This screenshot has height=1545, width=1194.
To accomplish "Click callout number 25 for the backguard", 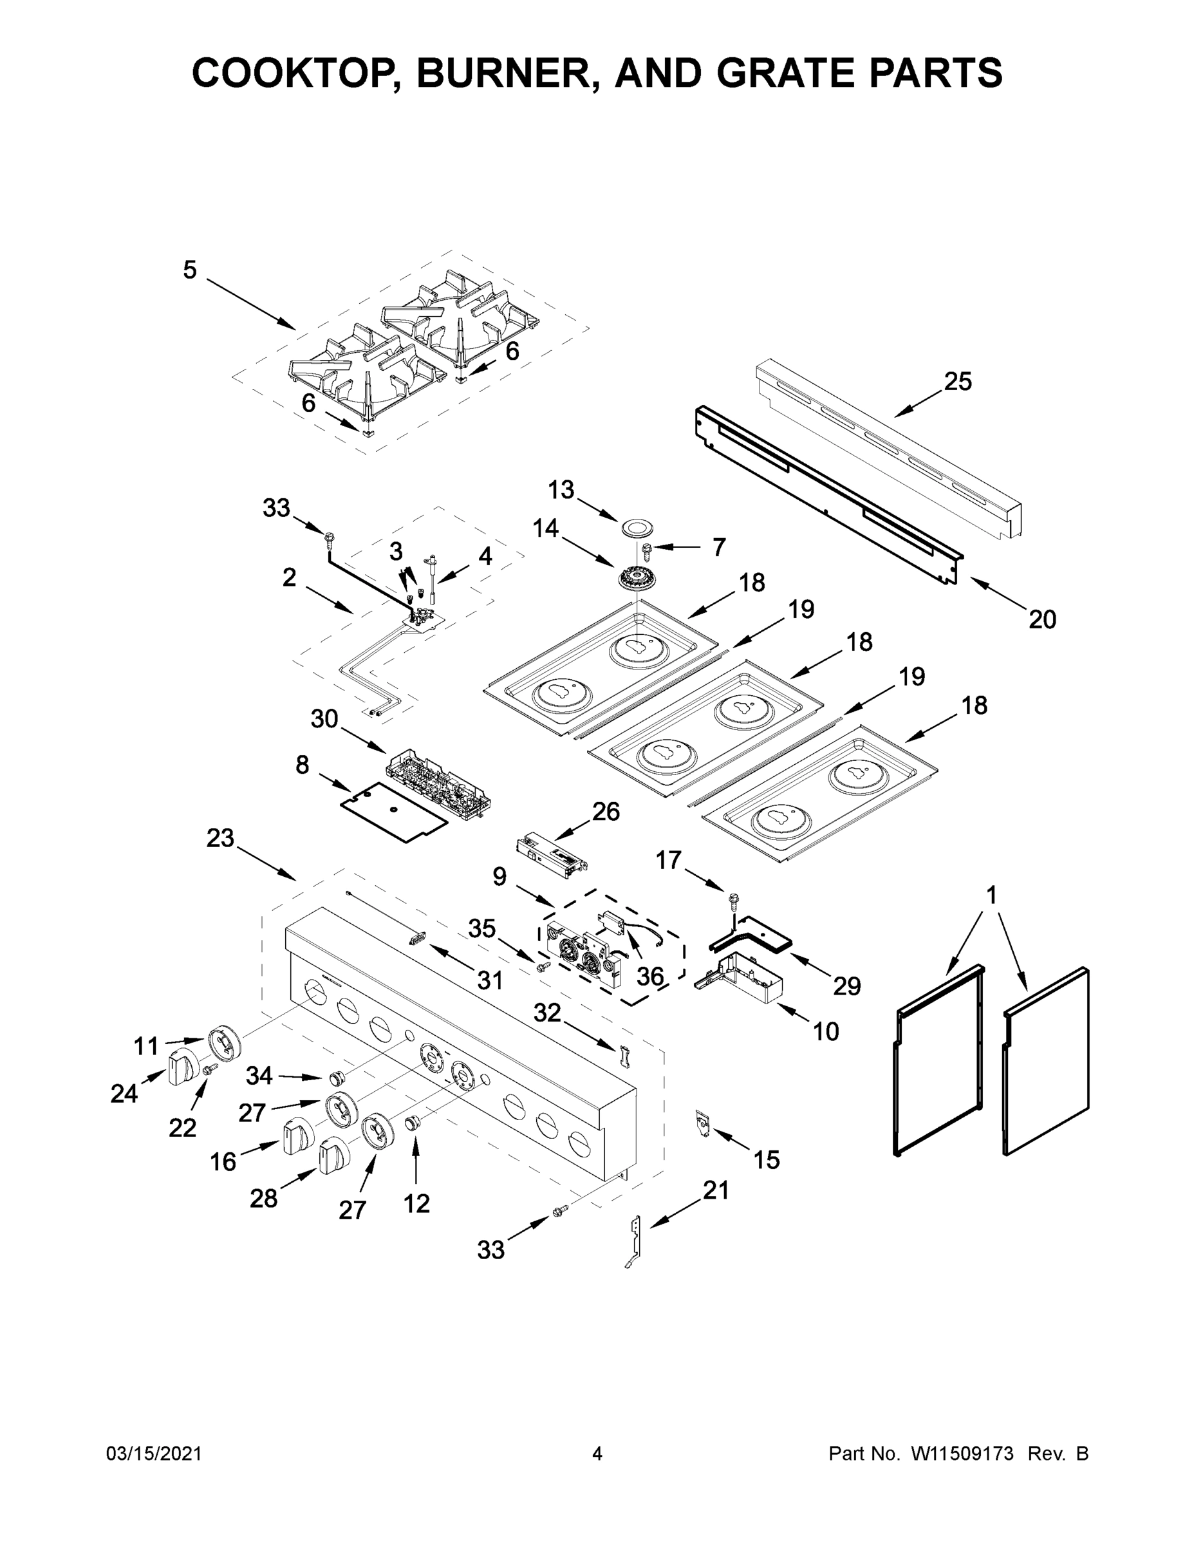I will tap(958, 382).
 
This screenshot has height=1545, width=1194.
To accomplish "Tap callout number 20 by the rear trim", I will tap(1042, 619).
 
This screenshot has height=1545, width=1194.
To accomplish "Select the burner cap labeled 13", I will tap(637, 527).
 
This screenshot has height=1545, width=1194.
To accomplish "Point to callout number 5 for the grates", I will tap(190, 270).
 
